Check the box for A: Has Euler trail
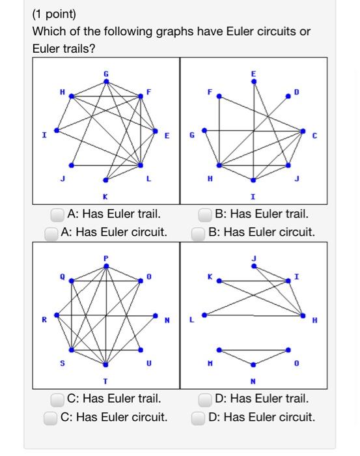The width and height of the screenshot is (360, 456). (58, 214)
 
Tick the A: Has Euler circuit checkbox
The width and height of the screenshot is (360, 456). (51, 233)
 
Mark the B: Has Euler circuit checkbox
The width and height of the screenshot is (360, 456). (199, 233)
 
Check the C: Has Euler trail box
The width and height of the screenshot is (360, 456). (58, 399)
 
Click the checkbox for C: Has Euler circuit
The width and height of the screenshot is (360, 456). (51, 418)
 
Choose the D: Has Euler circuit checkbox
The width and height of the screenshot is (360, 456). (199, 418)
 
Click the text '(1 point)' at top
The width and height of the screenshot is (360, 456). (54, 14)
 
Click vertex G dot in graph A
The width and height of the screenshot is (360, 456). (106, 81)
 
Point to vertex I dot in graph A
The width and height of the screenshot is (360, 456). (57, 130)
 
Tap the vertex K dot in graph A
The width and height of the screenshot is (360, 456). (106, 180)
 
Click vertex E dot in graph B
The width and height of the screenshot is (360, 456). (254, 81)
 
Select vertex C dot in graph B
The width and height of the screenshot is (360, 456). (303, 130)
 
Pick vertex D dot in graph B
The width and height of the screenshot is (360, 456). (288, 96)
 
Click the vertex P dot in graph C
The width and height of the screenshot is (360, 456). (106, 266)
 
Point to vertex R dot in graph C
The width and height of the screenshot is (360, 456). (57, 315)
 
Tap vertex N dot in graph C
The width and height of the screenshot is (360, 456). (156, 315)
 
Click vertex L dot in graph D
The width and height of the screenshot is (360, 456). (204, 315)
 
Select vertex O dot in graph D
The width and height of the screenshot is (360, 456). (288, 350)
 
